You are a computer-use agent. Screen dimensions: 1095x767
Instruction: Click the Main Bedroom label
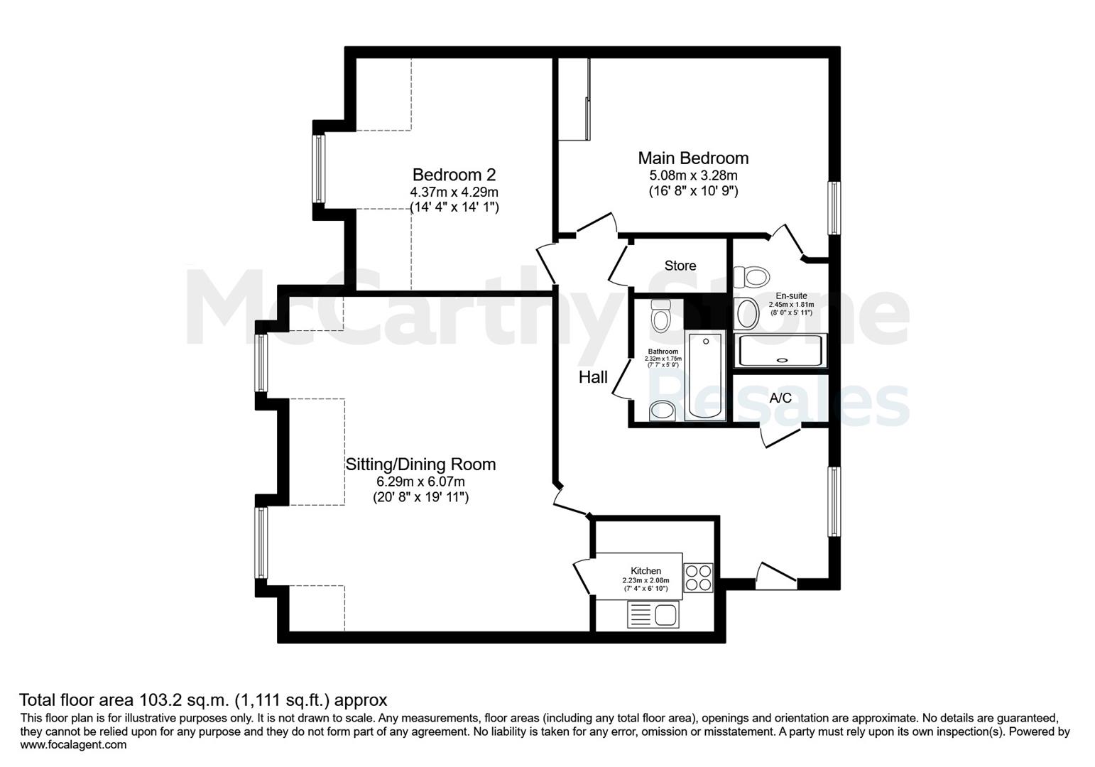click(x=693, y=158)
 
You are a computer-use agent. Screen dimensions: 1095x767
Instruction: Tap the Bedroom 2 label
click(x=454, y=175)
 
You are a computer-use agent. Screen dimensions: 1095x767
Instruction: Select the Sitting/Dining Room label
click(x=420, y=464)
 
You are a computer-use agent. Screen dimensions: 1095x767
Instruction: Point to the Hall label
click(x=593, y=377)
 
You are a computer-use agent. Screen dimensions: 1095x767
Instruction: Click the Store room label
click(x=680, y=266)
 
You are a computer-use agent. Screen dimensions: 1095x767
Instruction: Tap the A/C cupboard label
click(x=780, y=398)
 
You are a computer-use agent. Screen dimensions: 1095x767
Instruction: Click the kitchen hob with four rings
click(x=698, y=578)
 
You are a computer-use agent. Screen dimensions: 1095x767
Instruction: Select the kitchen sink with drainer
click(x=653, y=614)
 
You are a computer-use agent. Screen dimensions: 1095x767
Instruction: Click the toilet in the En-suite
click(x=751, y=277)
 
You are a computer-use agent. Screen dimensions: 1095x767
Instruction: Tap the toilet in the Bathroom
click(x=660, y=315)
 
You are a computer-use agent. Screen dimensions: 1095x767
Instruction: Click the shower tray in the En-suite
click(x=780, y=351)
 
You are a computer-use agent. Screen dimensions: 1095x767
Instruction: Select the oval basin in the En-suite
click(x=747, y=313)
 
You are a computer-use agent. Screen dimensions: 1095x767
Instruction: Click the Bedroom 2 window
click(x=319, y=168)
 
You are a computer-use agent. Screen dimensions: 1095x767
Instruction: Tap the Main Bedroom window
click(x=834, y=208)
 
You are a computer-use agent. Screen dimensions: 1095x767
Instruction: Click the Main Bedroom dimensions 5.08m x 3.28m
click(x=693, y=175)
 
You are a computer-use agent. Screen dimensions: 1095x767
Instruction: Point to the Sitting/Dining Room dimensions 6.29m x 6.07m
click(x=420, y=482)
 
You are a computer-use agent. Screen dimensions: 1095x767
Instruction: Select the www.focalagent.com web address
click(x=73, y=744)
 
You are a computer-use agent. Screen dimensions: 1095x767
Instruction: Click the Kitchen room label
click(x=645, y=570)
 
